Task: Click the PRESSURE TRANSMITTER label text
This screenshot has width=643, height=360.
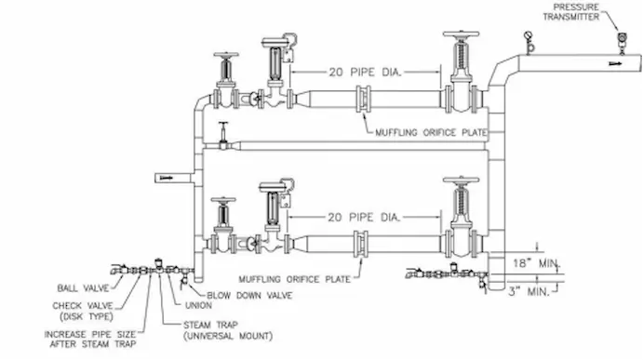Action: coord(571,12)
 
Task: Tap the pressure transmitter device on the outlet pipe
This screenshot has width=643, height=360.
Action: coord(623,43)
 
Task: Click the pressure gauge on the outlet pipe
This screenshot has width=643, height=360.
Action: coord(529,42)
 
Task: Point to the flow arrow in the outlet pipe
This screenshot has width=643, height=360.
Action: coord(615,63)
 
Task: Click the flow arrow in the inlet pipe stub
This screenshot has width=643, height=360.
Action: coord(167,178)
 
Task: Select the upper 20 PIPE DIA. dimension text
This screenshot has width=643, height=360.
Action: coord(365,73)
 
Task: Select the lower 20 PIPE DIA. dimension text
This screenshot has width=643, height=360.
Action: coord(364,218)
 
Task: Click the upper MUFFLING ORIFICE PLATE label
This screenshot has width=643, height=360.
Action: coord(431,132)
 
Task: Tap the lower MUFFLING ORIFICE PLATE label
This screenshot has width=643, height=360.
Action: coord(294,279)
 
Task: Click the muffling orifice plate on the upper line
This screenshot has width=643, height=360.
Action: coord(363,99)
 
